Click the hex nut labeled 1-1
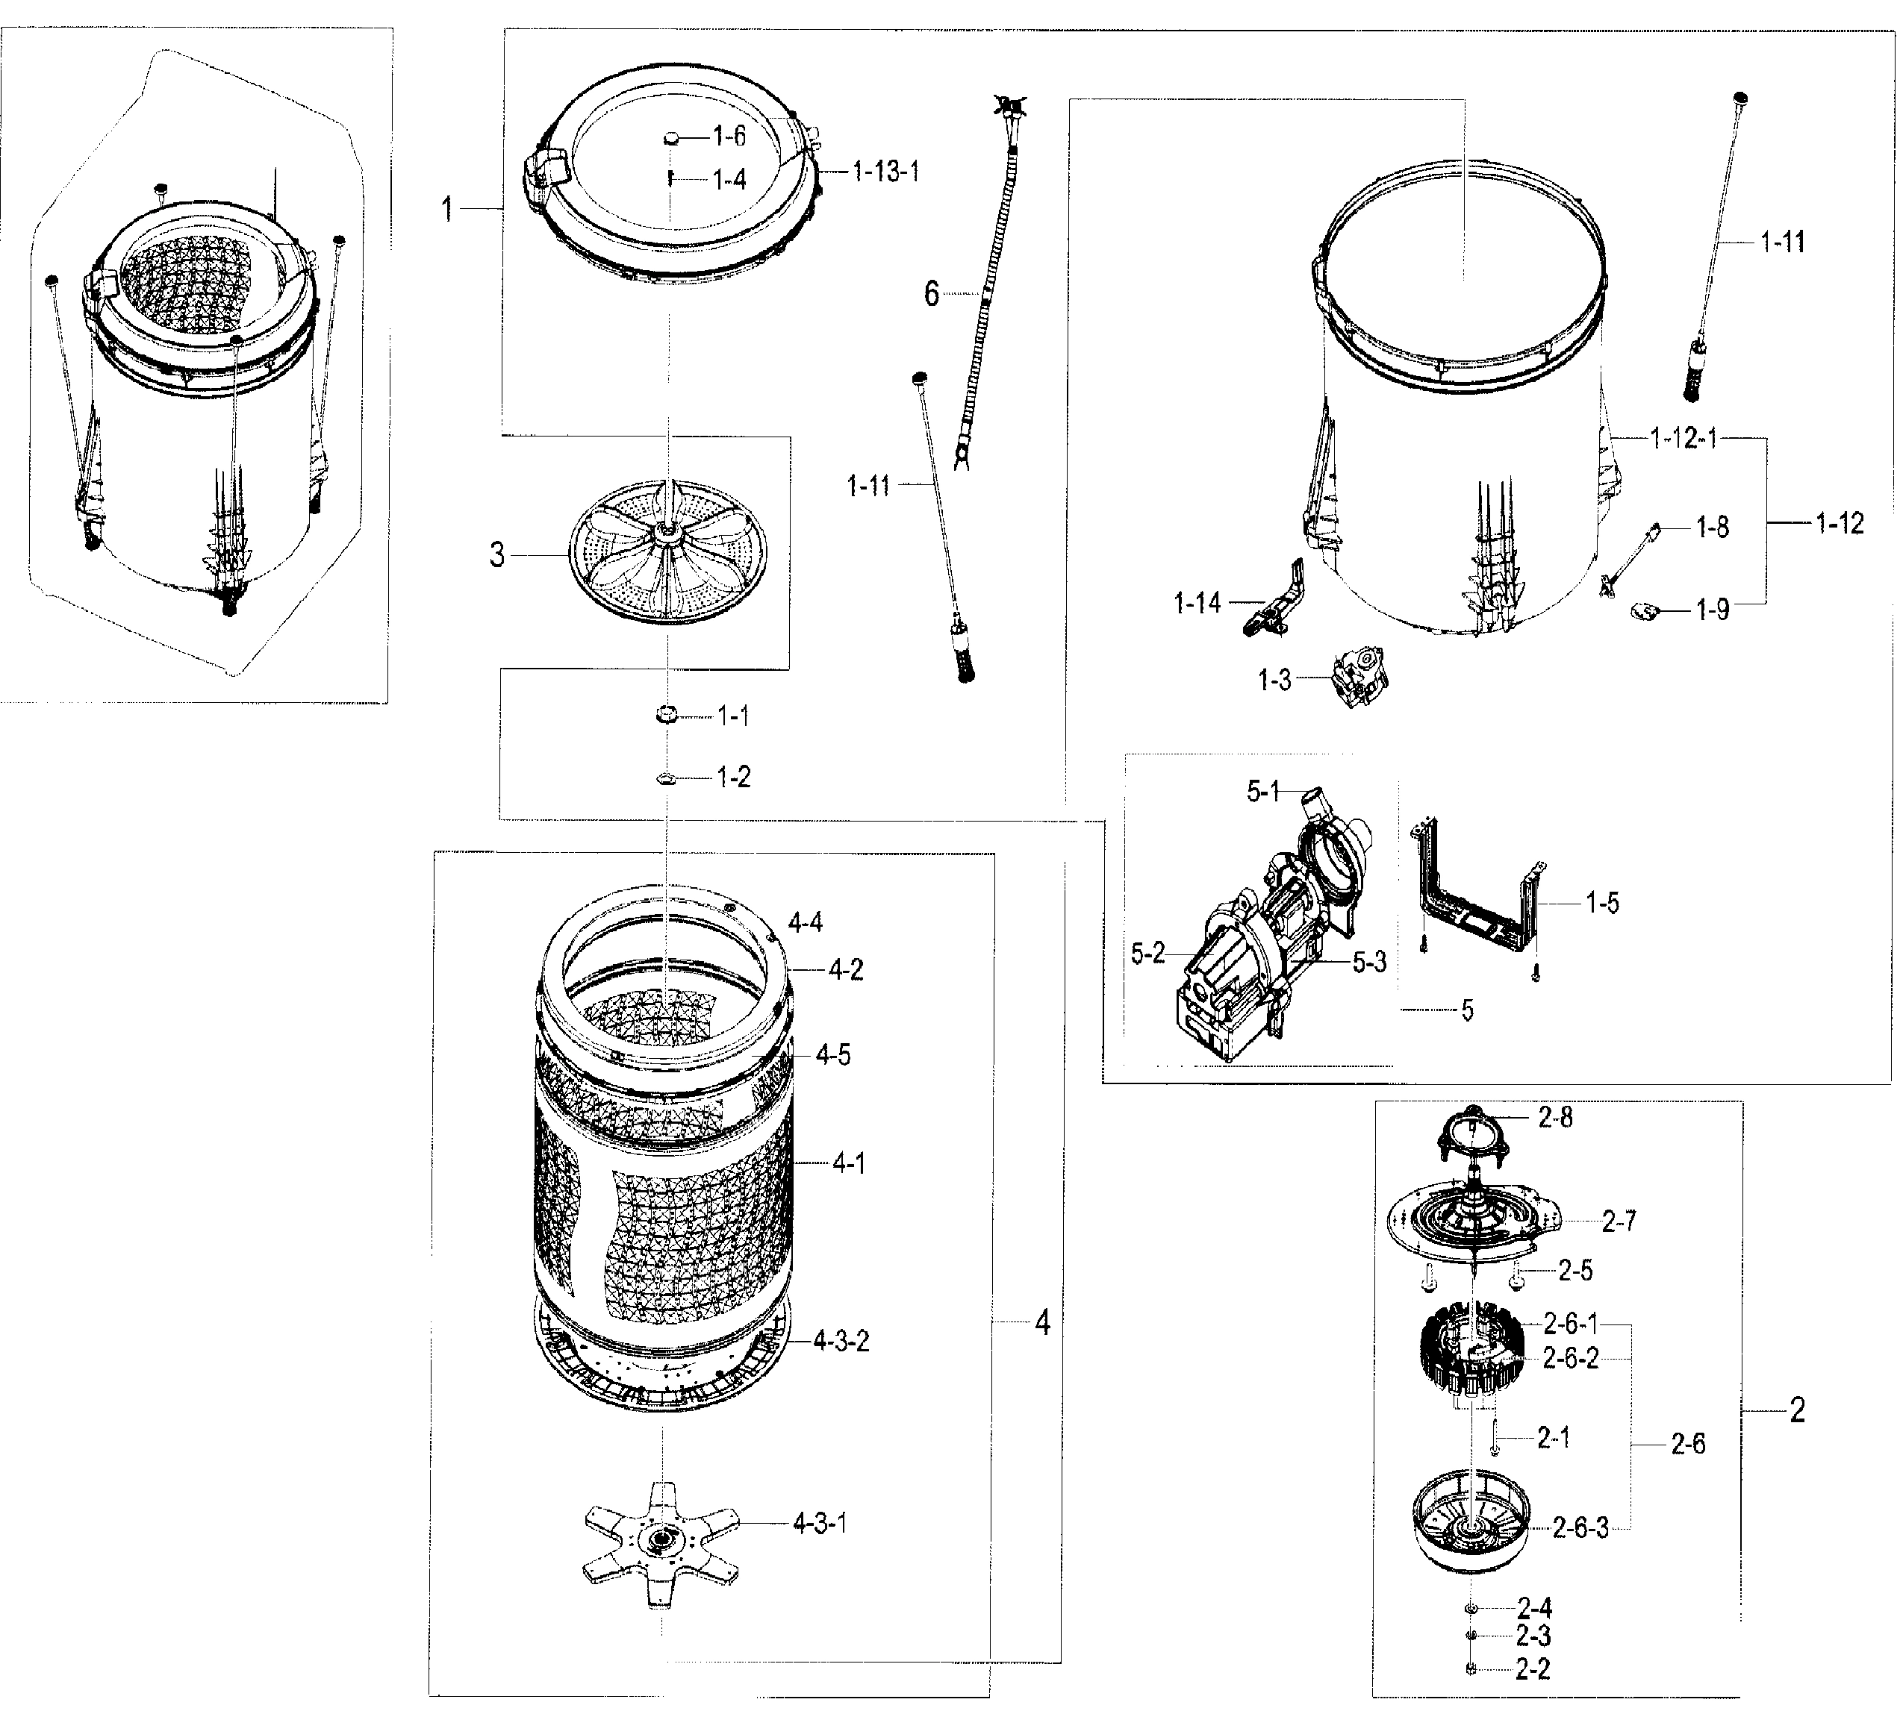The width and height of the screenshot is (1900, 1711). pos(667,716)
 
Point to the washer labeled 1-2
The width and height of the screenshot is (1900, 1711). pos(667,778)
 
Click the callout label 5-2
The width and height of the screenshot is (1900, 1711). pos(1147,954)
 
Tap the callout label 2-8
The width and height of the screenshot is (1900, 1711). pos(1556,1117)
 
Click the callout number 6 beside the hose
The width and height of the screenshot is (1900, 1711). pos(931,294)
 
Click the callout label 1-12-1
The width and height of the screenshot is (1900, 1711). pos(1683,438)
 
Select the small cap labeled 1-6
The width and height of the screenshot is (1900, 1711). pos(672,138)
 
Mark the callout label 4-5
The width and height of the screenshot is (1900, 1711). pos(832,1055)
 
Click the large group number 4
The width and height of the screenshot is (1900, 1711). pos(1042,1323)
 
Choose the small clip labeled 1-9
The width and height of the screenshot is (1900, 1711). pos(1643,611)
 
